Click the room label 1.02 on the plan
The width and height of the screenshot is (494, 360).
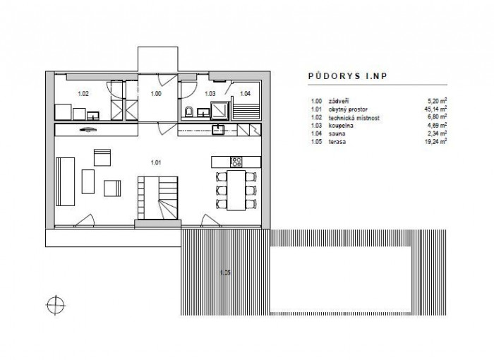pyautogui.click(x=83, y=93)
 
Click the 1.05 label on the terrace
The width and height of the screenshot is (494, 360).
pyautogui.click(x=225, y=272)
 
